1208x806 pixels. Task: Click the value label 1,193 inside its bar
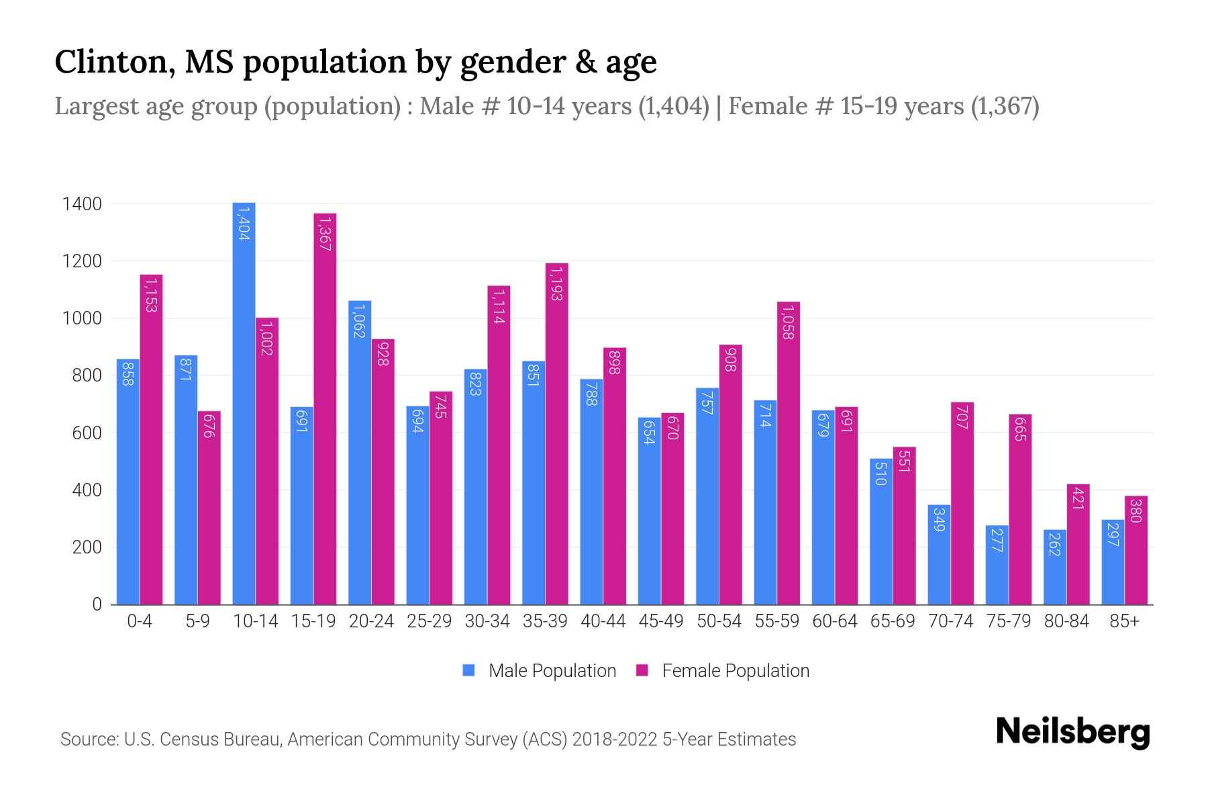556,283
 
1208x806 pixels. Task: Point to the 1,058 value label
788,322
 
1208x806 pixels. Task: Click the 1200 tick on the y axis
82,261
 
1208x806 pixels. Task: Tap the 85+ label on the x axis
1124,621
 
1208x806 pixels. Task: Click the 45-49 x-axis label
661,621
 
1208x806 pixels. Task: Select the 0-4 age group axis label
140,621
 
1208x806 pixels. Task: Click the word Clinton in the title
114,62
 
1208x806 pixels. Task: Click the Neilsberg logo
1072,732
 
